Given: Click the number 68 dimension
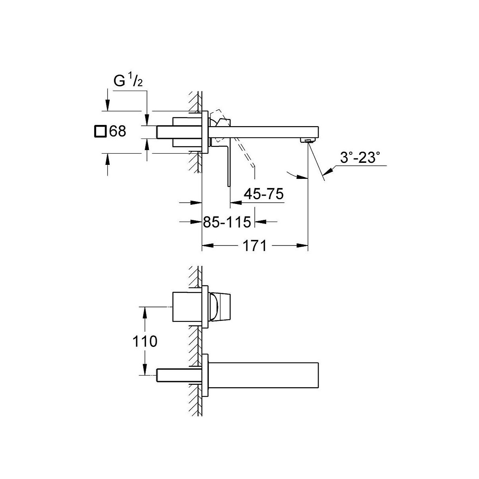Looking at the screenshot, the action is click(x=118, y=131).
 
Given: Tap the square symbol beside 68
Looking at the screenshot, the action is click(x=101, y=131).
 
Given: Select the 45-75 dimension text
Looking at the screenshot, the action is click(x=263, y=194).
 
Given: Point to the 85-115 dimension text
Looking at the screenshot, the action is click(x=227, y=222).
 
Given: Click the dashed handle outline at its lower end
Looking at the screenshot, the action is click(x=253, y=166).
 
